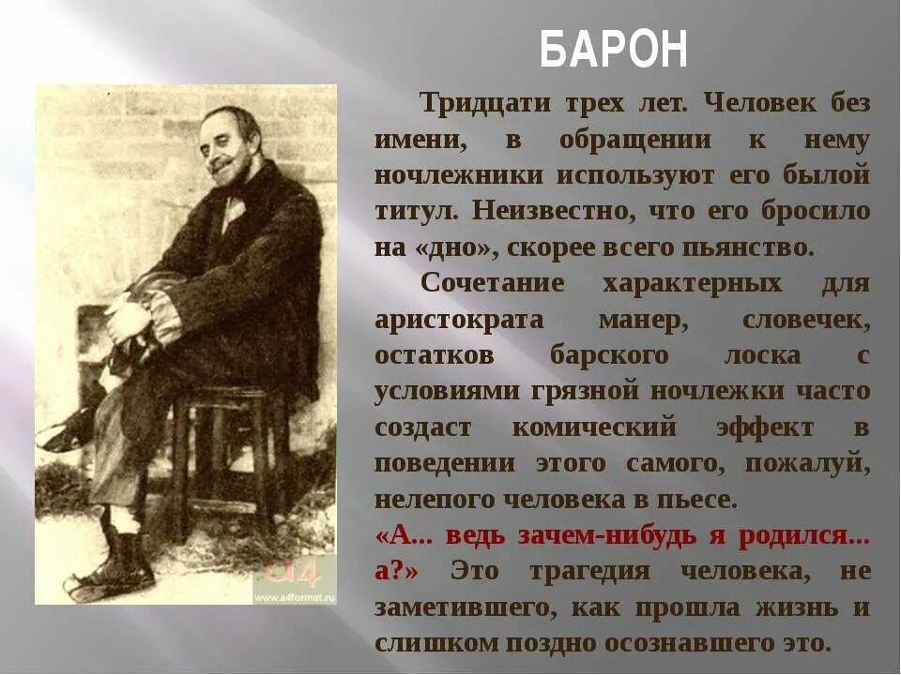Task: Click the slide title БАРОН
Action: pos(614,50)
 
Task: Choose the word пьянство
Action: pos(748,247)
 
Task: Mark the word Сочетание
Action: pos(493,283)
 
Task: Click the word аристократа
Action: pos(459,320)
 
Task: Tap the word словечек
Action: pos(806,320)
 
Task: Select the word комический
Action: pos(593,427)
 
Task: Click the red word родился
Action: pos(804,535)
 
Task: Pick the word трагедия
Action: pos(594,571)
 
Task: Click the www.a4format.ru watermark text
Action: pos(295,594)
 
